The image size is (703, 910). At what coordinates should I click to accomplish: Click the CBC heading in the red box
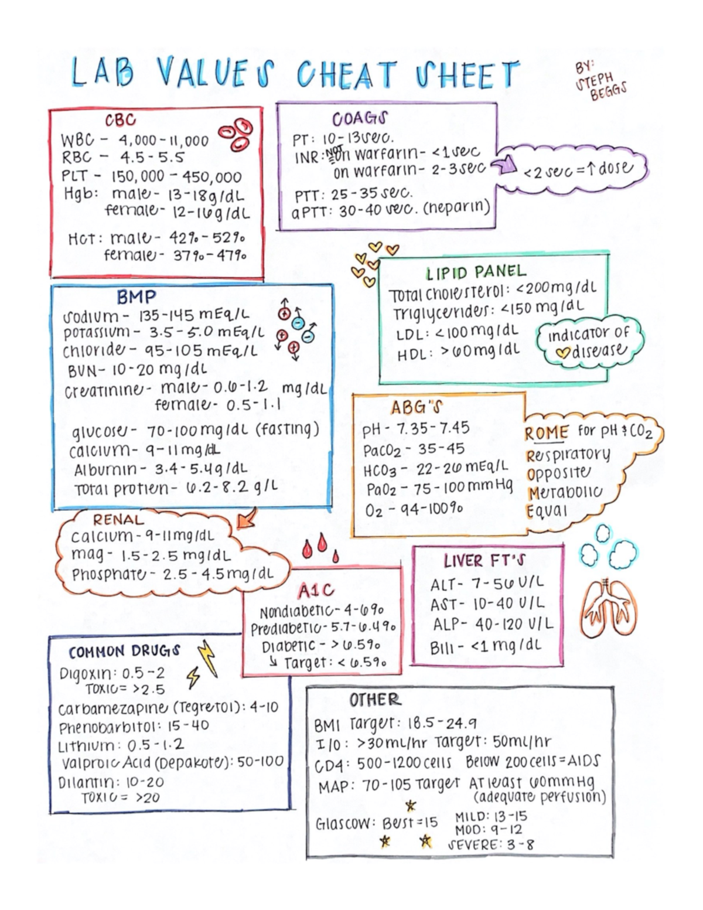[120, 120]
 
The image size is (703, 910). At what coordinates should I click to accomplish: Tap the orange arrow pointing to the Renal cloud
[247, 517]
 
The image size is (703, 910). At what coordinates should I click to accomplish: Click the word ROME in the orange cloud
[546, 434]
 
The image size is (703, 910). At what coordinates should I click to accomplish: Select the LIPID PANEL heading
[476, 272]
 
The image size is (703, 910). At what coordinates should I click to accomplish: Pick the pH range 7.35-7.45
[433, 429]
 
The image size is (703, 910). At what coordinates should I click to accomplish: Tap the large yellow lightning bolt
[207, 657]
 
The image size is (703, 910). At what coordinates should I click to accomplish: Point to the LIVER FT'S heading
[484, 561]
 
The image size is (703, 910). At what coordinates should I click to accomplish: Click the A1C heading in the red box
[316, 591]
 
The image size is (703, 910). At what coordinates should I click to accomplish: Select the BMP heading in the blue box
[136, 297]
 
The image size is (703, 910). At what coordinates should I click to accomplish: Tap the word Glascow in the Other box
[344, 823]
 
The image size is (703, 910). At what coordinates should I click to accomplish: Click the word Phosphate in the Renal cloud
[108, 574]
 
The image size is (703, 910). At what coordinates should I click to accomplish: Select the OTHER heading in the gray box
[375, 700]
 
